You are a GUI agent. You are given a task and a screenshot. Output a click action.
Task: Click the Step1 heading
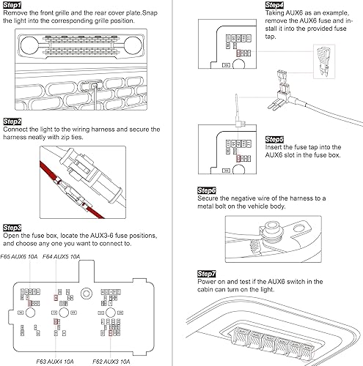12,5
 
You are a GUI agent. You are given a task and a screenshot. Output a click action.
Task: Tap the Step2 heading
12,122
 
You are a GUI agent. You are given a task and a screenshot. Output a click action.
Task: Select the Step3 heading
12,228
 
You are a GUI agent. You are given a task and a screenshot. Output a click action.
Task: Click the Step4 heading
274,5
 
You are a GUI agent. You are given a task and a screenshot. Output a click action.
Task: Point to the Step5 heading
274,139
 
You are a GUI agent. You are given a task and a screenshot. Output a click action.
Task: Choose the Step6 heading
207,190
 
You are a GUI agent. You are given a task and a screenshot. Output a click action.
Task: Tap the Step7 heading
207,274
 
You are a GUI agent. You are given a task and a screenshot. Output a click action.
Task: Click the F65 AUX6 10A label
19,257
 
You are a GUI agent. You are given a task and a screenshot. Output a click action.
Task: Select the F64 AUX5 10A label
61,257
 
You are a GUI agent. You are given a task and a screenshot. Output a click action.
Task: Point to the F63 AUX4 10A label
55,362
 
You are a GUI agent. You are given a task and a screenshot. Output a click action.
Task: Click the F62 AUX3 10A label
111,362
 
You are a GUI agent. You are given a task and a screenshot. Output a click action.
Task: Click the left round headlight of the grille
29,45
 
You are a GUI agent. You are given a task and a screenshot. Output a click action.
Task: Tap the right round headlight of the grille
133,45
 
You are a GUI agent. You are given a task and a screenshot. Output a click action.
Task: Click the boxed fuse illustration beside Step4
324,61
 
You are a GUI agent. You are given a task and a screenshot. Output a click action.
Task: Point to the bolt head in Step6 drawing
271,230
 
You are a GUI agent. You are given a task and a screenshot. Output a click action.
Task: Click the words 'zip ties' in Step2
72,137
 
